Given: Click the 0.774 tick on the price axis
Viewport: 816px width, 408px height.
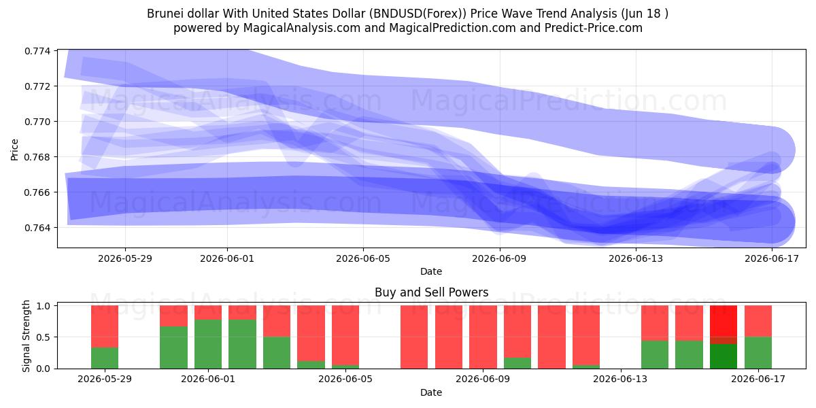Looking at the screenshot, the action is [x=37, y=51].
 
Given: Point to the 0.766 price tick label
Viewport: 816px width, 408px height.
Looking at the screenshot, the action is [x=37, y=192].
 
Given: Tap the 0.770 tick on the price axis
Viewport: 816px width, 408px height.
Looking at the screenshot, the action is [x=37, y=122].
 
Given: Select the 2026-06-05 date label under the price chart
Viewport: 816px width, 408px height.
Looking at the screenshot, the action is [x=363, y=258].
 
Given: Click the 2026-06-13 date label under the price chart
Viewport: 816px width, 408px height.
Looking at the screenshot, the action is [x=636, y=258].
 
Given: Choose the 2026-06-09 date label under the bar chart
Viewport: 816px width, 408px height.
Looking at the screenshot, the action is [x=483, y=379].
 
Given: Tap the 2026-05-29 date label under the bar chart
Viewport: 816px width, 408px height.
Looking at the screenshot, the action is [x=105, y=379].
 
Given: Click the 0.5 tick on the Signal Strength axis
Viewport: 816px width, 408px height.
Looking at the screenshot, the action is [x=44, y=337].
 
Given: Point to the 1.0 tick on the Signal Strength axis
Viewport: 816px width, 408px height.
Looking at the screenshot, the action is [x=44, y=305].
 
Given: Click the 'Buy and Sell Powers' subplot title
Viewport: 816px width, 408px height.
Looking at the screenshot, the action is [x=431, y=292].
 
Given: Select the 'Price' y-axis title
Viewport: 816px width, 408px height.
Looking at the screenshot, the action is [x=14, y=150].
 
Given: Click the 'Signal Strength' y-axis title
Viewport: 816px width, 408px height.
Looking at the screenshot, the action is [x=26, y=336].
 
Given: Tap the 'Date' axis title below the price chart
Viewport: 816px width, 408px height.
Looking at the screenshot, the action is [x=431, y=271].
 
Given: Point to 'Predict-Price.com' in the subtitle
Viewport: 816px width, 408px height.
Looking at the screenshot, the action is [x=594, y=28].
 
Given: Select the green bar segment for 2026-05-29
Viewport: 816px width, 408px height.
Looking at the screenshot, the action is [x=105, y=358].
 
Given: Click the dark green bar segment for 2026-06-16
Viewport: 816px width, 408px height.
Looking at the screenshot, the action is [x=724, y=356].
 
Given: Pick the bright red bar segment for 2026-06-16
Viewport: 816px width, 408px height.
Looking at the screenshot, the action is [x=724, y=321].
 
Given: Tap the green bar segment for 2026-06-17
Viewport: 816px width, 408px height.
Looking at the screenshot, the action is [x=758, y=353].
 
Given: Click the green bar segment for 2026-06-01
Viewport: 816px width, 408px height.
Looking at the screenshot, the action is [x=208, y=344].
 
